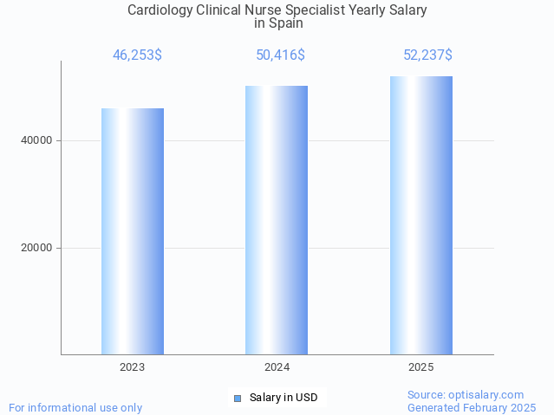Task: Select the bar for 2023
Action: click(x=133, y=231)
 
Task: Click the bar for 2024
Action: click(x=277, y=220)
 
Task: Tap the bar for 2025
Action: click(x=420, y=215)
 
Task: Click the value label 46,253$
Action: click(x=137, y=55)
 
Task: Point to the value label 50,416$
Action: click(x=280, y=55)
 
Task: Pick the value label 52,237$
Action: click(x=427, y=55)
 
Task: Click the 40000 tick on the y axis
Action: click(x=36, y=140)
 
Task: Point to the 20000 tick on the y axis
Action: click(x=36, y=248)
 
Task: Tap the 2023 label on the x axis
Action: click(x=133, y=367)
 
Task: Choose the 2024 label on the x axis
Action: click(x=277, y=367)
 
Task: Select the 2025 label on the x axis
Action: click(x=420, y=367)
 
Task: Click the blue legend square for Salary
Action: click(x=238, y=399)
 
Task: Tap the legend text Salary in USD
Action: click(x=284, y=399)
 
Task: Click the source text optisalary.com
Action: click(x=466, y=394)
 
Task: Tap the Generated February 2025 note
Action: click(x=472, y=407)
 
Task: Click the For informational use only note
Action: click(x=75, y=407)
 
